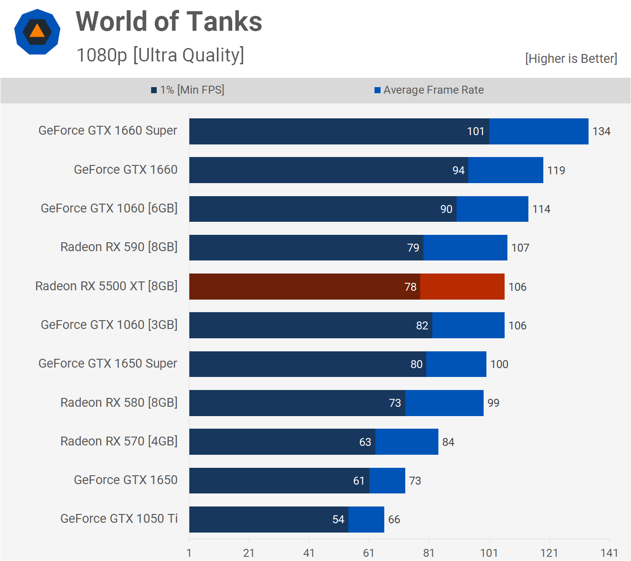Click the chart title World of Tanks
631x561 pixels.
(x=169, y=22)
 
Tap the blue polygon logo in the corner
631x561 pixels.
(x=37, y=32)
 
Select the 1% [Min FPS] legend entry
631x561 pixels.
(x=187, y=90)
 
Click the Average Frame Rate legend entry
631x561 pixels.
(x=429, y=90)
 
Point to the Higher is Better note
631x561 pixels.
(x=571, y=59)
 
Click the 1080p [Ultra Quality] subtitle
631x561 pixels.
(x=160, y=55)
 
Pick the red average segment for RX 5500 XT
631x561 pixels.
(x=462, y=287)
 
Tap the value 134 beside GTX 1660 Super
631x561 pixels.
(x=601, y=131)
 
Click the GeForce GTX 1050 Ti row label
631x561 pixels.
(x=119, y=519)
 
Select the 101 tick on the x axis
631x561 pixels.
(x=489, y=553)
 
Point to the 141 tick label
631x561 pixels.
(x=609, y=553)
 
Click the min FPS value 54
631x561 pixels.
(x=338, y=520)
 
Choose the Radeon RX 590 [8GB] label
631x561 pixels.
(x=119, y=247)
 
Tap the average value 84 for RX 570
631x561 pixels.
(x=448, y=442)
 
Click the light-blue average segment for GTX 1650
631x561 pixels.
(x=387, y=480)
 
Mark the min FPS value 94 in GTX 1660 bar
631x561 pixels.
(x=458, y=171)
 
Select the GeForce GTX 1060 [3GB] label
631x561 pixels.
(x=109, y=325)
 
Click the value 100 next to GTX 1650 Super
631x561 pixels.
(x=499, y=364)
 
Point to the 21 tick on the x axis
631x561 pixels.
(x=249, y=553)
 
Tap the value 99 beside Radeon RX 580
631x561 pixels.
(x=493, y=403)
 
